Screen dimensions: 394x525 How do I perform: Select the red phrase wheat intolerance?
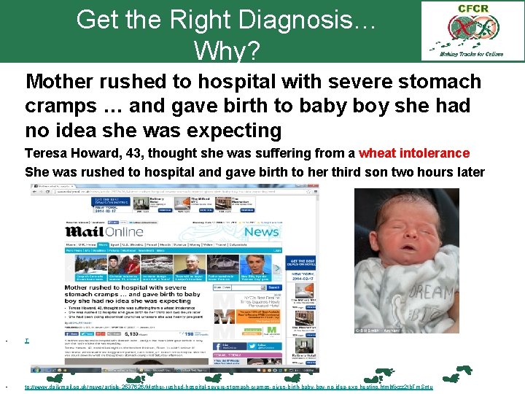(x=414, y=153)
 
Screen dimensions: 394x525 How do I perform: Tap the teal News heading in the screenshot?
(x=261, y=232)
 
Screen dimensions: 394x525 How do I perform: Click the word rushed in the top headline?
(x=137, y=81)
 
